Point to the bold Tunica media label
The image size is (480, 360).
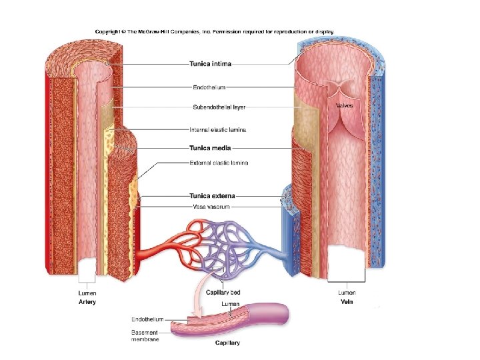pyautogui.click(x=211, y=148)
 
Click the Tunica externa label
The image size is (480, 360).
pyautogui.click(x=213, y=196)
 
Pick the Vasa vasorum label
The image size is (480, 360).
pyautogui.click(x=211, y=207)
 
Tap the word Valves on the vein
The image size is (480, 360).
pyautogui.click(x=344, y=105)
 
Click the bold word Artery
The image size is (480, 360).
pyautogui.click(x=87, y=302)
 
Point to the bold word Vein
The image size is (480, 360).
pyautogui.click(x=347, y=301)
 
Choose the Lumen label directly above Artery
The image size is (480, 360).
pyautogui.click(x=87, y=293)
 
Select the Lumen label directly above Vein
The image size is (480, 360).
pyautogui.click(x=347, y=292)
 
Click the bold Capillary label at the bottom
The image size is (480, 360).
pyautogui.click(x=227, y=343)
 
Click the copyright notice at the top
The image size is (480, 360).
pyautogui.click(x=214, y=31)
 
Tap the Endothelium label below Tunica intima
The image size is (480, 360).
pyautogui.click(x=209, y=86)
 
